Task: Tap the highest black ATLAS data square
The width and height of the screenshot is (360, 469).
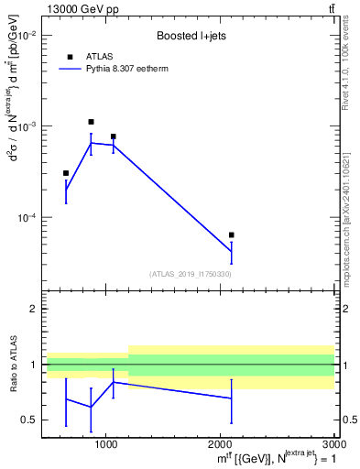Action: [91, 122]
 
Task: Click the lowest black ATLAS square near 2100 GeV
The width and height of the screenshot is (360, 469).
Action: [231, 235]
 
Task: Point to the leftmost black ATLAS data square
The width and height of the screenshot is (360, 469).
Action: [66, 173]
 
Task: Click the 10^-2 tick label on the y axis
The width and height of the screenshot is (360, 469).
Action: [26, 35]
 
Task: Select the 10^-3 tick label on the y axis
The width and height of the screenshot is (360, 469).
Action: [26, 126]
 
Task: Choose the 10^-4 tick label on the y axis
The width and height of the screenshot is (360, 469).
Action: [26, 218]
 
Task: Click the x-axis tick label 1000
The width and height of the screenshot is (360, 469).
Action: [107, 442]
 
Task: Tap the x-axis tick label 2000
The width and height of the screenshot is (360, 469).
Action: [221, 442]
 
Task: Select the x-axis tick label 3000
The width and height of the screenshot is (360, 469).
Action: [333, 442]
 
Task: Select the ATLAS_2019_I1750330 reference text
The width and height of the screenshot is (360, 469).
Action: [190, 274]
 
